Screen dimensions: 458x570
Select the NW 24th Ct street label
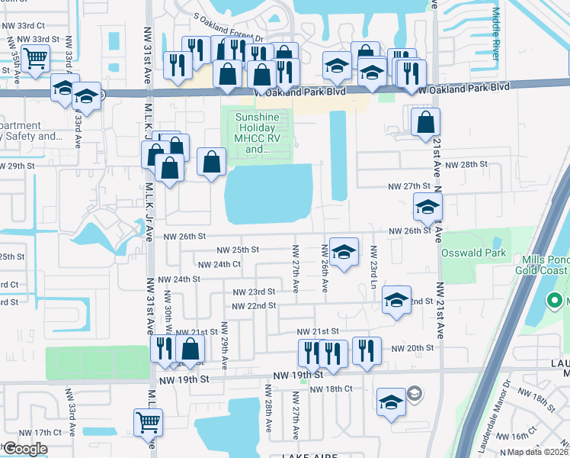point(219,265)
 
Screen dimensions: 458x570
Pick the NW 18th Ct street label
point(331,389)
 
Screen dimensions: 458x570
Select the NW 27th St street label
point(410,186)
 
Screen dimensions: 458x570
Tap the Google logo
point(25,448)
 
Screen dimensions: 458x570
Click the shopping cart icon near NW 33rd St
point(35,57)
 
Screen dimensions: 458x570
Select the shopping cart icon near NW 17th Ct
point(148,421)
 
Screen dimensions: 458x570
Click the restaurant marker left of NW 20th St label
point(367,350)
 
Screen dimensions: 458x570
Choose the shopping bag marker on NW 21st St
point(191,349)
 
